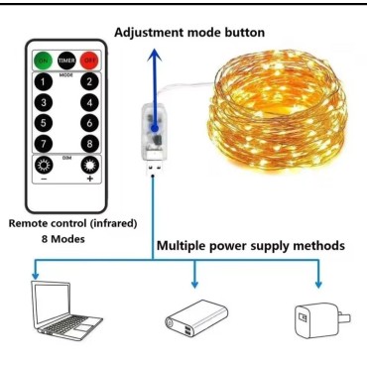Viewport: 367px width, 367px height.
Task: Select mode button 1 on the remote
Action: [x=44, y=83]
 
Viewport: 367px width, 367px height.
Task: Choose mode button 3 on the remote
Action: [x=44, y=104]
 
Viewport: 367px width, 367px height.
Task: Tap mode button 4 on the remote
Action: [x=89, y=104]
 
